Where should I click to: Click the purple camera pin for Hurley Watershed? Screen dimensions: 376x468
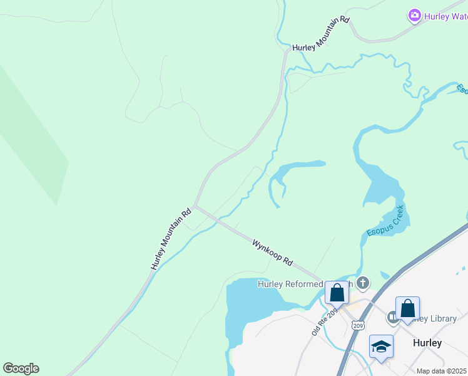click(x=414, y=15)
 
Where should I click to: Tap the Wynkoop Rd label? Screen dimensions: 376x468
click(x=273, y=251)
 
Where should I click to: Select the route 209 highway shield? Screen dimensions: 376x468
click(x=358, y=325)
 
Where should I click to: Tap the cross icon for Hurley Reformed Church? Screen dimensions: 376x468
click(x=363, y=284)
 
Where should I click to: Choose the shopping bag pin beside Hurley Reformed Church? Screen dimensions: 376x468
click(x=337, y=293)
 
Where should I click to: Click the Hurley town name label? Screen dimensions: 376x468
click(x=427, y=343)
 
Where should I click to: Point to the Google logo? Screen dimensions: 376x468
click(x=21, y=368)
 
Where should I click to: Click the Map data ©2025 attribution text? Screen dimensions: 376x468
click(x=441, y=371)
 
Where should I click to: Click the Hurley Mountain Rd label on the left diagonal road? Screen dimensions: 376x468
click(x=170, y=240)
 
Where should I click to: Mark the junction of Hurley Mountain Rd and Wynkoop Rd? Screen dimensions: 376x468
click(x=195, y=205)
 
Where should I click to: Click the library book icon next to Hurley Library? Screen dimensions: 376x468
click(x=392, y=317)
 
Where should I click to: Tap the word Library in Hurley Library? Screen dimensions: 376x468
click(x=444, y=318)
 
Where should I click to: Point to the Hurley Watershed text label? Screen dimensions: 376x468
click(x=445, y=16)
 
